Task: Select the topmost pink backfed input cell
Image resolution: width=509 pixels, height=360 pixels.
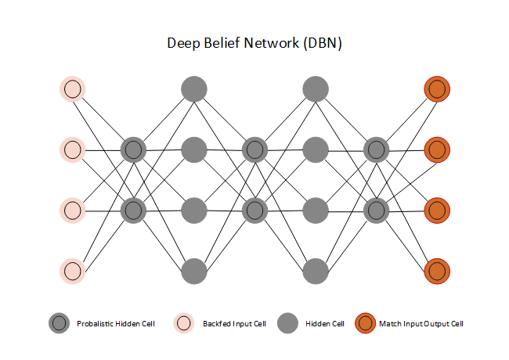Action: [x=72, y=88]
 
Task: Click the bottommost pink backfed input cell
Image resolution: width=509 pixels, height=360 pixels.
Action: [x=72, y=271]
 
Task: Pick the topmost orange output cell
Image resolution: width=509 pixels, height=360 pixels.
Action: [x=437, y=88]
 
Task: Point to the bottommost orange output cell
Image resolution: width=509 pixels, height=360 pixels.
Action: [x=437, y=271]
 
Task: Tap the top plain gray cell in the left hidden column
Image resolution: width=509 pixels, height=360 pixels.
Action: [x=193, y=88]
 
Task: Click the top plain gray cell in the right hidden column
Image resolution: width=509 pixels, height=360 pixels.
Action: [x=315, y=88]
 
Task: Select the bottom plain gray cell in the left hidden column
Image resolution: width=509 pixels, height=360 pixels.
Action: [x=193, y=271]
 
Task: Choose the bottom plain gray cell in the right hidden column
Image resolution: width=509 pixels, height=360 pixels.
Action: [x=315, y=271]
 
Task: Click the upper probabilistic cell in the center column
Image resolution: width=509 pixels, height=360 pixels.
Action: [x=254, y=149]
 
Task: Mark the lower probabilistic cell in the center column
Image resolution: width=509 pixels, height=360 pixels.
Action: [x=254, y=210]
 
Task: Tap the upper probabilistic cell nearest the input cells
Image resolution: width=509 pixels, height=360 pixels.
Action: [x=133, y=149]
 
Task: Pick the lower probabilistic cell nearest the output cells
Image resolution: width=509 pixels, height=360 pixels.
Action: [x=376, y=210]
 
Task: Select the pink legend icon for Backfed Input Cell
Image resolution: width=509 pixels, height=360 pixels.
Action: [x=184, y=323]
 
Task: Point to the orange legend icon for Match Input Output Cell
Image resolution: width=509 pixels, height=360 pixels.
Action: [x=364, y=323]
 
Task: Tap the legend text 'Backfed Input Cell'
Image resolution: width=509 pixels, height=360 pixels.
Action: [x=234, y=324]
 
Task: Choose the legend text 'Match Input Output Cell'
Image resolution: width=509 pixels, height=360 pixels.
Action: [x=421, y=324]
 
